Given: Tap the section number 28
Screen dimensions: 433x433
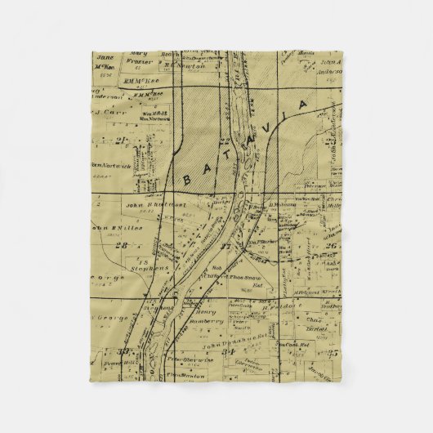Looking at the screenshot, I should tap(122, 244).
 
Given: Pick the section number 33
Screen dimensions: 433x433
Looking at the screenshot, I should tap(124, 353).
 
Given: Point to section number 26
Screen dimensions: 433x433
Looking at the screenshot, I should tap(331, 246).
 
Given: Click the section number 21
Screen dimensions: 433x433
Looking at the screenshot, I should tap(122, 141).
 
